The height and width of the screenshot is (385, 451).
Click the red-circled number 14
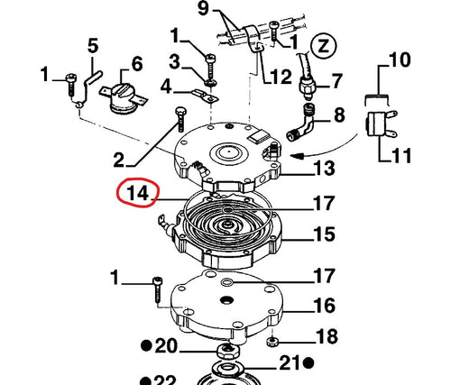click(138, 193)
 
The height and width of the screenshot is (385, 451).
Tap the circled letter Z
click(324, 47)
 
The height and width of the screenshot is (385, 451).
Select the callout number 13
click(324, 168)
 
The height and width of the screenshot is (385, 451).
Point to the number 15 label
click(324, 234)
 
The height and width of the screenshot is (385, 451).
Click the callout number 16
click(324, 306)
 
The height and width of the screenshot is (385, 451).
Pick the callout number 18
click(327, 336)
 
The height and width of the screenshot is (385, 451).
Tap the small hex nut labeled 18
click(272, 341)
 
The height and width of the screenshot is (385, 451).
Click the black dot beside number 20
click(146, 345)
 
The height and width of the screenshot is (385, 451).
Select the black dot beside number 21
click(308, 363)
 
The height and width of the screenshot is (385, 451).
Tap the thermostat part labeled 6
click(124, 96)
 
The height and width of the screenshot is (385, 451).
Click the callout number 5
click(93, 46)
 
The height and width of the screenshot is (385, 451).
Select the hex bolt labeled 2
click(180, 119)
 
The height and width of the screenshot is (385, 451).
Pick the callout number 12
click(281, 77)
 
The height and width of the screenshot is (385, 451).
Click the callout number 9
click(203, 8)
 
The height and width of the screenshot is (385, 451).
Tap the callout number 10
click(400, 60)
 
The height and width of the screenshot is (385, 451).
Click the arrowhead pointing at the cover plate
click(297, 156)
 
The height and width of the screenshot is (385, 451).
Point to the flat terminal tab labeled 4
click(207, 96)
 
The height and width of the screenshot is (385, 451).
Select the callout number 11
click(401, 156)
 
